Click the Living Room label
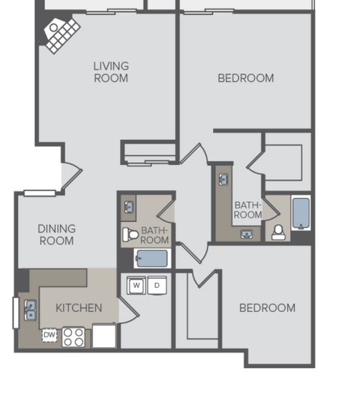click(111, 72)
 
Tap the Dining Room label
click(57, 235)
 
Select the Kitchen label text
click(79, 307)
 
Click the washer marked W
click(136, 285)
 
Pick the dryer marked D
click(157, 285)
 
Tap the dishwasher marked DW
click(49, 334)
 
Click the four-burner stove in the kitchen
click(73, 337)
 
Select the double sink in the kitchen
click(30, 310)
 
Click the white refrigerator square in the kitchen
click(104, 336)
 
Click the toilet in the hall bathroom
click(130, 235)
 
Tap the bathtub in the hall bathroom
click(152, 258)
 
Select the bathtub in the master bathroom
click(301, 213)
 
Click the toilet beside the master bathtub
click(278, 232)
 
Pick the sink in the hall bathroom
click(129, 207)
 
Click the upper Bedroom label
click(246, 78)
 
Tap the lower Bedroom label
click(267, 307)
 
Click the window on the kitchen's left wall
click(16, 313)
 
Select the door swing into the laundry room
click(128, 310)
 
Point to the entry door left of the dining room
click(71, 175)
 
